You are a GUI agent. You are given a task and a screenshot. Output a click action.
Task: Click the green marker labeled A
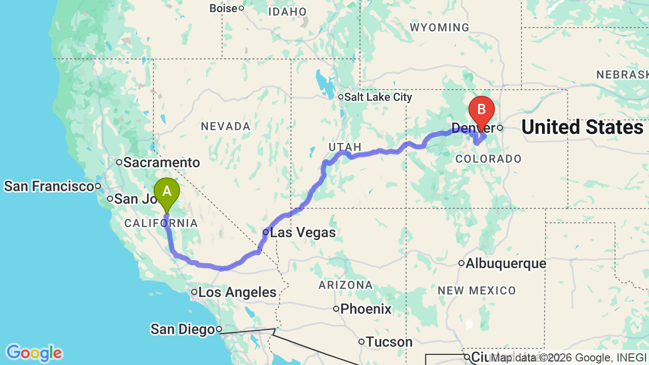pyautogui.click(x=167, y=192)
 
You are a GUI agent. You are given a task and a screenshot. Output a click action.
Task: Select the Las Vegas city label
pyautogui.click(x=303, y=233)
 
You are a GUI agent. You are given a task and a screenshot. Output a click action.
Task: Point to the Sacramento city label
pyautogui.click(x=161, y=163)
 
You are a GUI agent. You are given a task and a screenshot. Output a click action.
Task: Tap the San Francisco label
pyautogui.click(x=49, y=186)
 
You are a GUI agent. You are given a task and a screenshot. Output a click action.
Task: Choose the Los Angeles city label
pyautogui.click(x=237, y=292)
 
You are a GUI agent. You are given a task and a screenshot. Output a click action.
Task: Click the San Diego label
pyautogui.click(x=183, y=330)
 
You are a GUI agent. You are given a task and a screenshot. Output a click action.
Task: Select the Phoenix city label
pyautogui.click(x=366, y=309)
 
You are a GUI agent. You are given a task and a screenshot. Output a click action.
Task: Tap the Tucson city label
pyautogui.click(x=389, y=342)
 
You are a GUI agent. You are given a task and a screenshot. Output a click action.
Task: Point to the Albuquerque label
pyautogui.click(x=506, y=264)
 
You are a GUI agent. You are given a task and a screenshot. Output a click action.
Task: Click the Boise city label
pyautogui.click(x=223, y=9)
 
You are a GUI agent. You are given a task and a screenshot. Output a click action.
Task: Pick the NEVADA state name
pyautogui.click(x=226, y=126)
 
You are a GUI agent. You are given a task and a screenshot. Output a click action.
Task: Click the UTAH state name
pyautogui.click(x=345, y=147)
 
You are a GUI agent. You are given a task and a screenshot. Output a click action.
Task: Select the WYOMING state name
pyautogui.click(x=440, y=27)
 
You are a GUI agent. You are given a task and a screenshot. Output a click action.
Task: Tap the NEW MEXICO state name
pyautogui.click(x=477, y=290)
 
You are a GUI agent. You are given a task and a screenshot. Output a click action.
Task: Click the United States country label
pyautogui.click(x=582, y=127)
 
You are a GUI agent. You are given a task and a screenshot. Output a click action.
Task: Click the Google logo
pyautogui.click(x=34, y=353)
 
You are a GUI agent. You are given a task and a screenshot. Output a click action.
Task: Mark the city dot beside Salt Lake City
pyautogui.click(x=341, y=97)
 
